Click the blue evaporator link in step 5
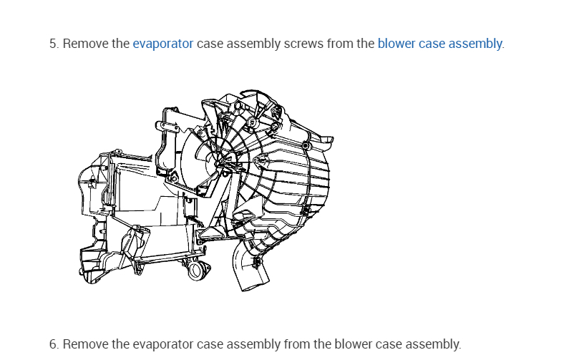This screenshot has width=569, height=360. pyautogui.click(x=162, y=44)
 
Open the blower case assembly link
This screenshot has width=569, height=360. pyautogui.click(x=439, y=44)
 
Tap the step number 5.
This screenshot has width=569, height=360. pyautogui.click(x=53, y=44)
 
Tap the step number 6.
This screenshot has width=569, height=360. pyautogui.click(x=53, y=344)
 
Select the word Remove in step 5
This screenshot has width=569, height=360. pyautogui.click(x=86, y=44)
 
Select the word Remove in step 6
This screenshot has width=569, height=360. pyautogui.click(x=86, y=344)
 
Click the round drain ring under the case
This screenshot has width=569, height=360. pyautogui.click(x=197, y=271)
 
